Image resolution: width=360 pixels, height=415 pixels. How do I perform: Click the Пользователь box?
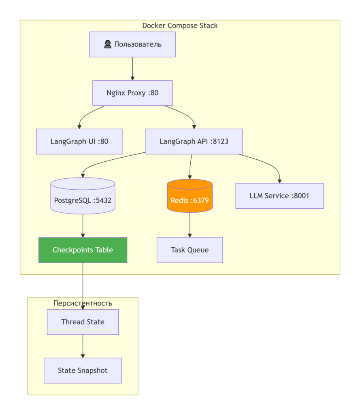(x=132, y=44)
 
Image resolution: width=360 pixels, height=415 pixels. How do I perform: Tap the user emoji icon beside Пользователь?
(x=108, y=44)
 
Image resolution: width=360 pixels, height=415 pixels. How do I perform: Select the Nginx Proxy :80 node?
(x=132, y=93)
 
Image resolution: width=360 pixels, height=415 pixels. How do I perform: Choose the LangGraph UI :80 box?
(x=79, y=141)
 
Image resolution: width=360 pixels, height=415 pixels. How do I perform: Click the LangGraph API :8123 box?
(x=194, y=141)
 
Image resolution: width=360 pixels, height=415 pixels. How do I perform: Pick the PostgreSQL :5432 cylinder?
(x=83, y=196)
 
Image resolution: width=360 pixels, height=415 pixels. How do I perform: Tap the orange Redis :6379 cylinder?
(x=190, y=196)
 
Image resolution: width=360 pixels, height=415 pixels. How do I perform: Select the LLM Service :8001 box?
(x=279, y=196)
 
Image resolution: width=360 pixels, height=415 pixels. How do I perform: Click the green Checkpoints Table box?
(x=83, y=250)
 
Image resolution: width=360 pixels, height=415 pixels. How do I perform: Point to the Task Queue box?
(x=190, y=250)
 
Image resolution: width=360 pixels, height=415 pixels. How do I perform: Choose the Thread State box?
(x=83, y=322)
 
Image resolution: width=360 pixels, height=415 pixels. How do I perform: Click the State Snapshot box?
(x=83, y=370)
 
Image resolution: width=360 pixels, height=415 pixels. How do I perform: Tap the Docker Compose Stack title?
(x=180, y=26)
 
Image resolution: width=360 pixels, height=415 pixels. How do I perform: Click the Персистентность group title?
(x=83, y=303)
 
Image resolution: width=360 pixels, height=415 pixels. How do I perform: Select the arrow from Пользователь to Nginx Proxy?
(x=132, y=68)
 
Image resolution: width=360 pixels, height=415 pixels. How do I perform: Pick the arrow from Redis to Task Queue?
(x=190, y=225)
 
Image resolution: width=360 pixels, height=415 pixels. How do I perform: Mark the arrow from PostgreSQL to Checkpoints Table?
(x=83, y=226)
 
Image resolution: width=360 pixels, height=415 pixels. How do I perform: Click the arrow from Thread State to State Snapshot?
(x=83, y=347)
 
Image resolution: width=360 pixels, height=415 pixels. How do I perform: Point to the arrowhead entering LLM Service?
(x=279, y=181)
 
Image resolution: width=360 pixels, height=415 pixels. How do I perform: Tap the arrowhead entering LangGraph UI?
(x=79, y=127)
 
